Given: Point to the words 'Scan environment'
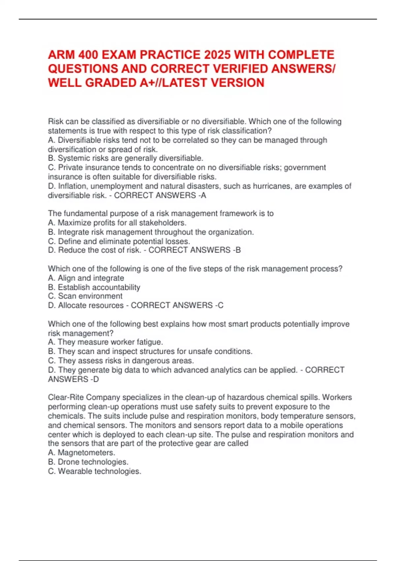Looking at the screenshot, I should (x=90, y=296).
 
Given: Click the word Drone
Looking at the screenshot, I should (x=69, y=462).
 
